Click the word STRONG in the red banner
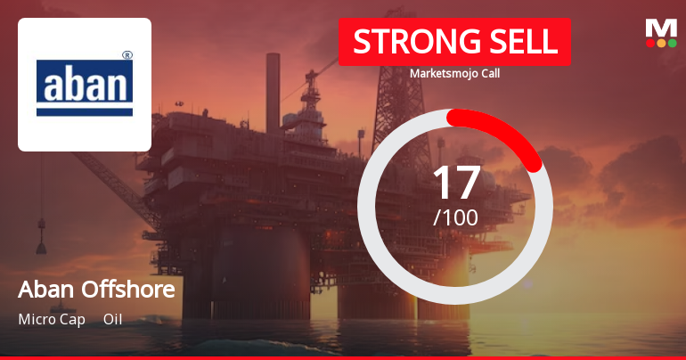(x=404, y=42)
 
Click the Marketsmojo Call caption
(x=454, y=73)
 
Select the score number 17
(x=455, y=182)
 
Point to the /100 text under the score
(x=455, y=217)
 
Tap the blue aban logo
(x=85, y=86)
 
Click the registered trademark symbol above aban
(x=127, y=55)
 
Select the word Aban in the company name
(x=44, y=290)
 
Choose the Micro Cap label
(x=52, y=319)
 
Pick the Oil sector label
(x=112, y=319)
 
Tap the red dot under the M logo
(x=650, y=42)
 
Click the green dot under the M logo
(x=672, y=42)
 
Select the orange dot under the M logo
(x=661, y=42)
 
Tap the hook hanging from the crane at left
(x=41, y=241)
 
